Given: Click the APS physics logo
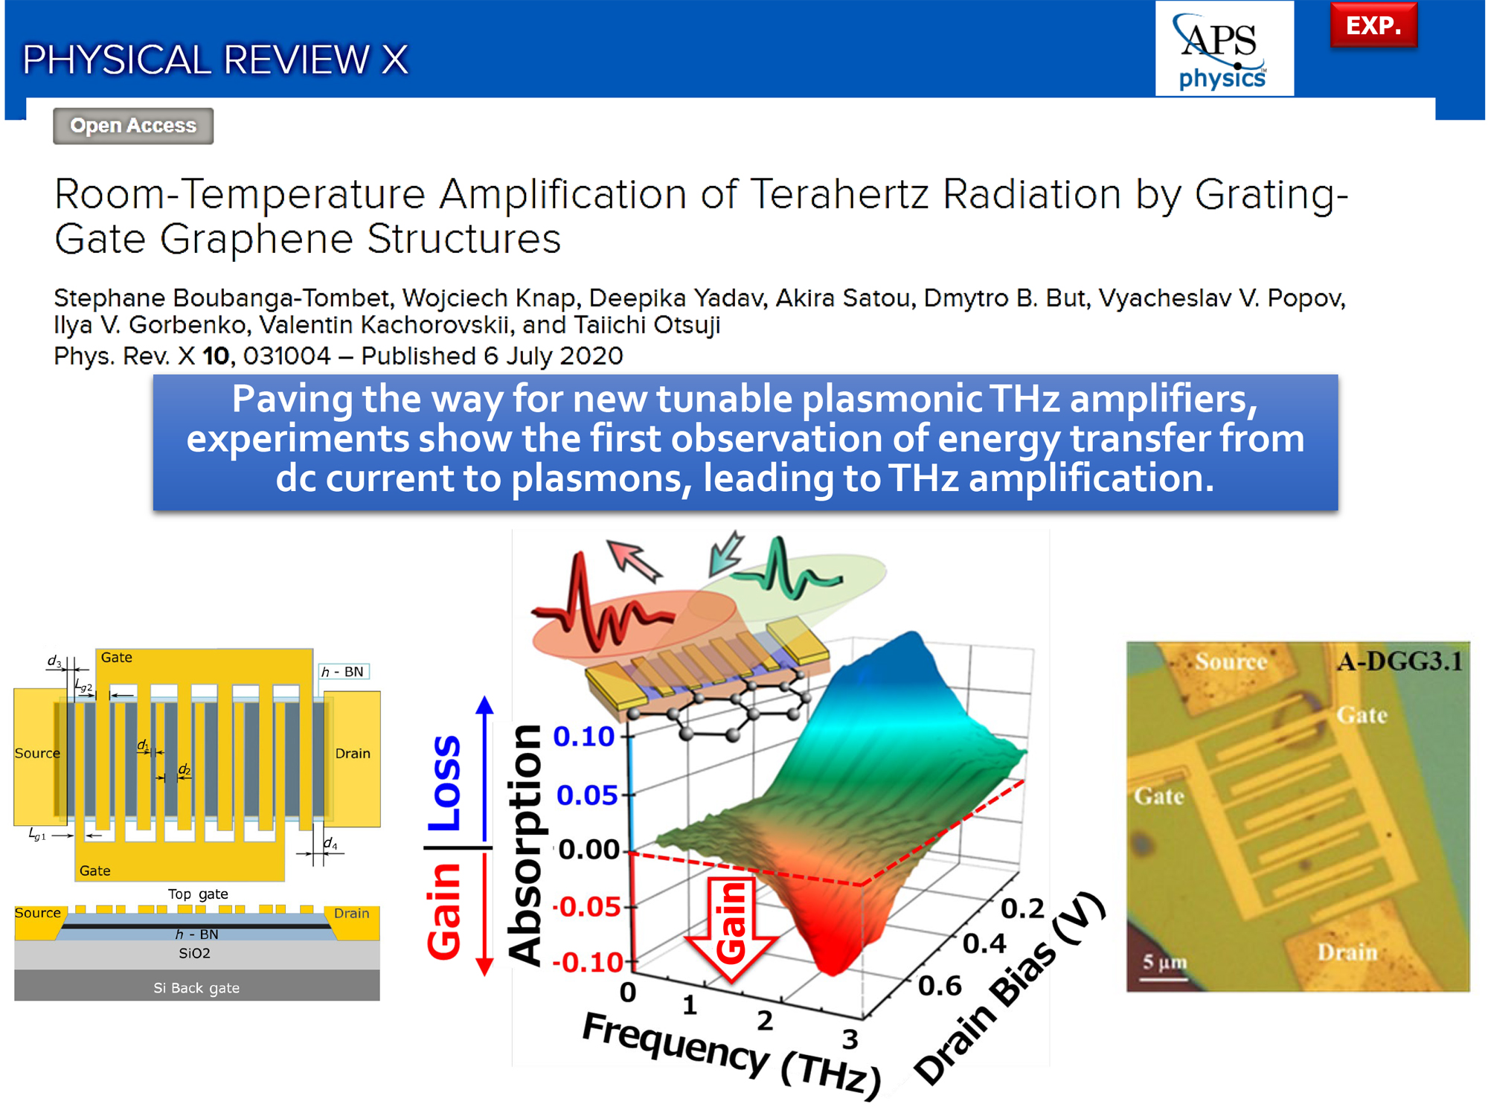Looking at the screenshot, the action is coord(1224,49).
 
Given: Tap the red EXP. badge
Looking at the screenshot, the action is coord(1373,25).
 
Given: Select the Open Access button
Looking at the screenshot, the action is coord(133,126).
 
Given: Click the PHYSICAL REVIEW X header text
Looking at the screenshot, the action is coord(216,60).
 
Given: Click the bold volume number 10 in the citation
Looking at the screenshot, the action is coord(216,356).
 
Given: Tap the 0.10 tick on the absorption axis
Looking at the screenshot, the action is coord(584,737).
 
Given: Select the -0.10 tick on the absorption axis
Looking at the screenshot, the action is coord(588,963).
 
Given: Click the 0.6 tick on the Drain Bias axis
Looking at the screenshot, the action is coord(940,986).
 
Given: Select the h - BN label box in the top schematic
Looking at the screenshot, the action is coord(344,672).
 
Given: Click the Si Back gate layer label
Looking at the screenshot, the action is coord(196,988).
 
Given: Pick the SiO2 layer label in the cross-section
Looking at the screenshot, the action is coord(194,953).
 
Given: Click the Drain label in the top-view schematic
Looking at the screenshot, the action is coord(353,753).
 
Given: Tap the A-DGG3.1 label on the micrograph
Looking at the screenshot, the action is coord(1399,661).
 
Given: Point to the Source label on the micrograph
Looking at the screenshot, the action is coord(1231,661).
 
